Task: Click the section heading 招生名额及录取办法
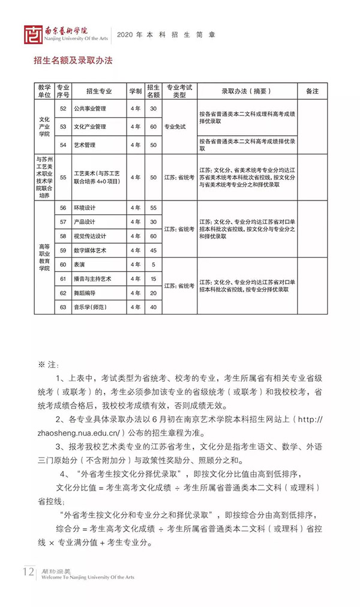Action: tap(73, 61)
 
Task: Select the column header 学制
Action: tap(135, 91)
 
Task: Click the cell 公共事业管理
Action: tap(89, 109)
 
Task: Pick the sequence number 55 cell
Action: tap(63, 178)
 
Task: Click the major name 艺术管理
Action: tap(85, 145)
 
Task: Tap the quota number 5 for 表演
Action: tap(153, 265)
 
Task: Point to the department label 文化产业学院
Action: tap(44, 127)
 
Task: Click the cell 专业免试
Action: tap(179, 127)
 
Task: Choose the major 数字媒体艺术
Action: tap(91, 250)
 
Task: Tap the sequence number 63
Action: tap(63, 307)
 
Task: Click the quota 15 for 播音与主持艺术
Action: tap(153, 279)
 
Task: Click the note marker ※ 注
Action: tap(46, 364)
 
